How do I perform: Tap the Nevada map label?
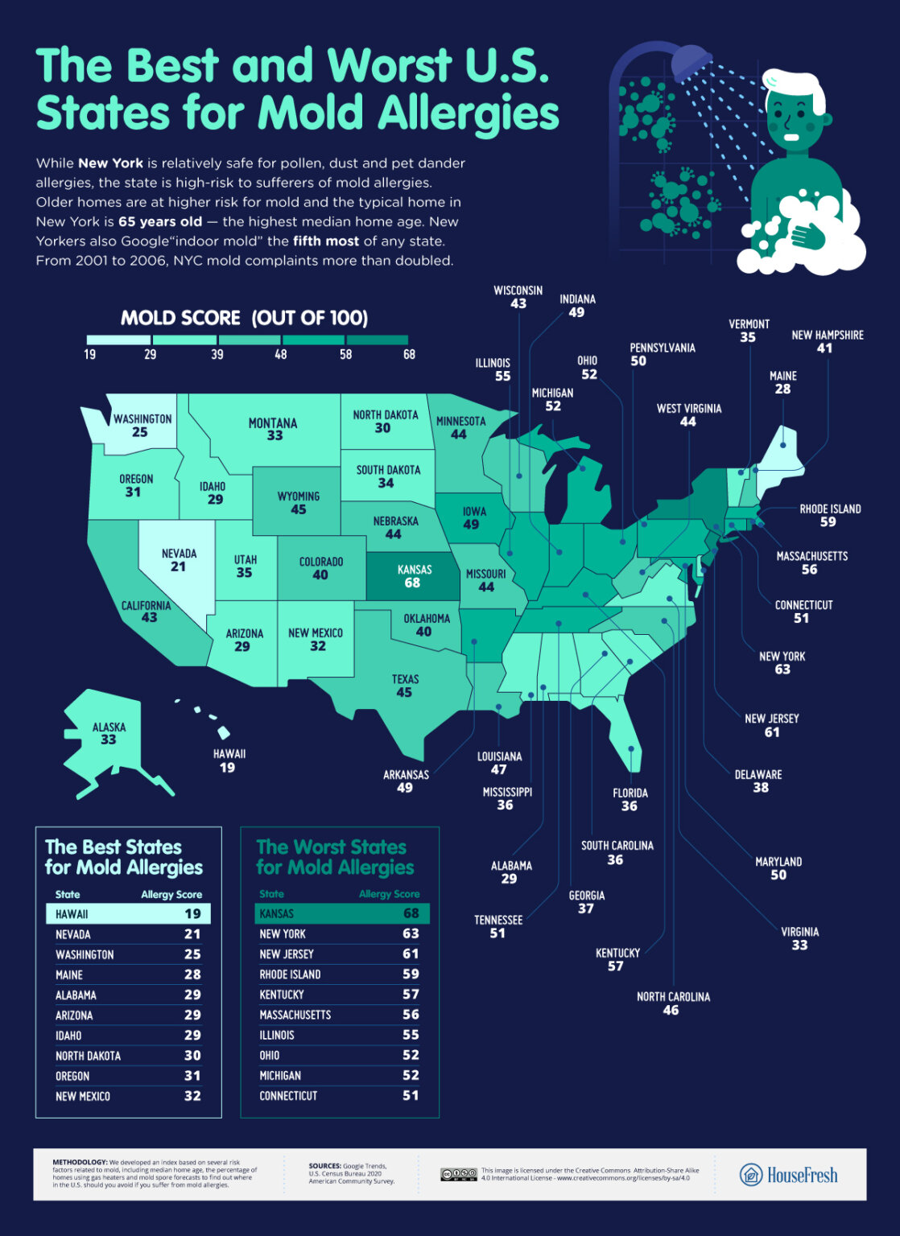[x=179, y=554]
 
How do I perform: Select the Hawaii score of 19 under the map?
[x=228, y=768]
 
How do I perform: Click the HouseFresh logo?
[x=789, y=1175]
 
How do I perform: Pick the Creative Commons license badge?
[x=459, y=1175]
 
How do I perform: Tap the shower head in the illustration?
[x=691, y=60]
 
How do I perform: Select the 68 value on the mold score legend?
[x=409, y=354]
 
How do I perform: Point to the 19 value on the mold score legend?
[x=89, y=354]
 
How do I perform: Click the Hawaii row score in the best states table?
[x=192, y=914]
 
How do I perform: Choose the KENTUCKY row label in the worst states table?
[x=282, y=995]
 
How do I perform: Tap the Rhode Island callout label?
[x=830, y=509]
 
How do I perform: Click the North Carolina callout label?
[x=673, y=996]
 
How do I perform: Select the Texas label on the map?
[x=406, y=679]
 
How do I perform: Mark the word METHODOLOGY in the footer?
[x=80, y=1162]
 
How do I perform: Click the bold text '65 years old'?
[x=160, y=221]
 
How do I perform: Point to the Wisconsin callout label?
[x=518, y=290]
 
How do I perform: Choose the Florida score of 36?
[x=630, y=806]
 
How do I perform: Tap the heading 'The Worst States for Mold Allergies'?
[x=335, y=857]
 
